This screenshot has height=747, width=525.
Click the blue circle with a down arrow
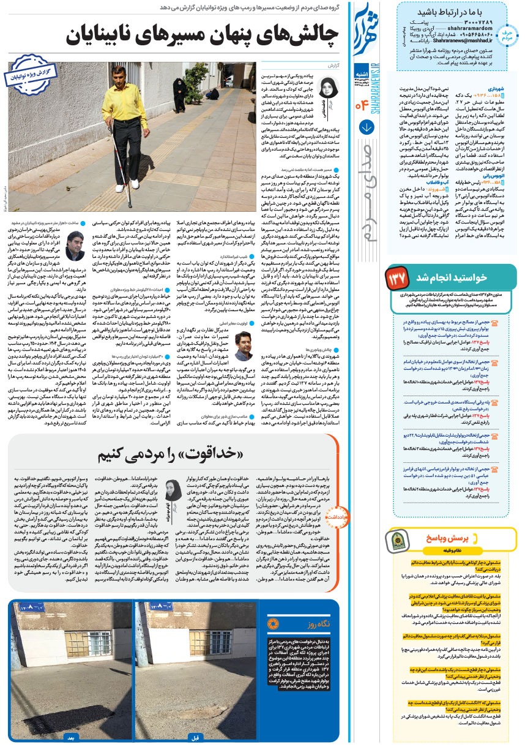pos(367,128)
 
